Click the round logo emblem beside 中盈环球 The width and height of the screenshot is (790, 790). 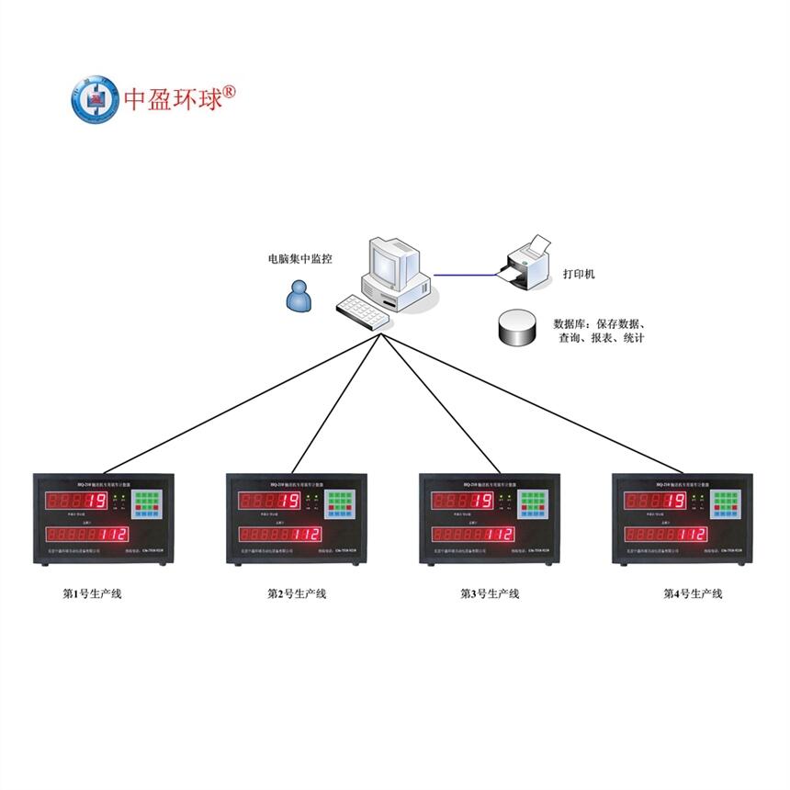(x=96, y=98)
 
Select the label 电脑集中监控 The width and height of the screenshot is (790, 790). (x=299, y=259)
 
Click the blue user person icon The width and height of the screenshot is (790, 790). (x=298, y=296)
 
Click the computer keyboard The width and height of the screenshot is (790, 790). (x=364, y=310)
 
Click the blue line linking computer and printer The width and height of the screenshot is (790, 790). (x=464, y=274)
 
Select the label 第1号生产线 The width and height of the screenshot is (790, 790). (x=92, y=593)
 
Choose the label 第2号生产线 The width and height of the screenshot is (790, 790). (x=297, y=593)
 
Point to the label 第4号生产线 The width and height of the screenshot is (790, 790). (x=693, y=593)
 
